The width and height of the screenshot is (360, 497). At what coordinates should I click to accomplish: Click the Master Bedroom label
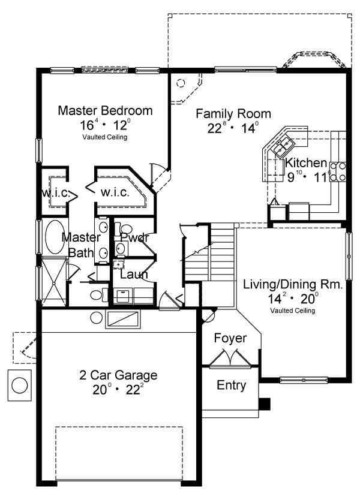[x=105, y=111]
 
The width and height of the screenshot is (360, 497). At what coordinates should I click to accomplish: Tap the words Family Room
[x=233, y=113]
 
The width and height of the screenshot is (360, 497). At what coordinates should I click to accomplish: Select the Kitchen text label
[x=306, y=163]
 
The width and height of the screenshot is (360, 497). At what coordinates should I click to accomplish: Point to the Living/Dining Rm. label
[x=293, y=285]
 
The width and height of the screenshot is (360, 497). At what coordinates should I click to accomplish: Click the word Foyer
[x=230, y=339]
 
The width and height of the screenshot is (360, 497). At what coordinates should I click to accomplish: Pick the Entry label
[x=231, y=385]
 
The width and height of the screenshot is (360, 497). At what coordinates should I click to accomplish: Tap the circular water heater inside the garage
[x=96, y=318]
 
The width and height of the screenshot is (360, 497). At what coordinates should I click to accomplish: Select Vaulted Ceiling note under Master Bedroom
[x=105, y=137]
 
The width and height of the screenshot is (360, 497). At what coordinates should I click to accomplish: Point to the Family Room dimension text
[x=233, y=128]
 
